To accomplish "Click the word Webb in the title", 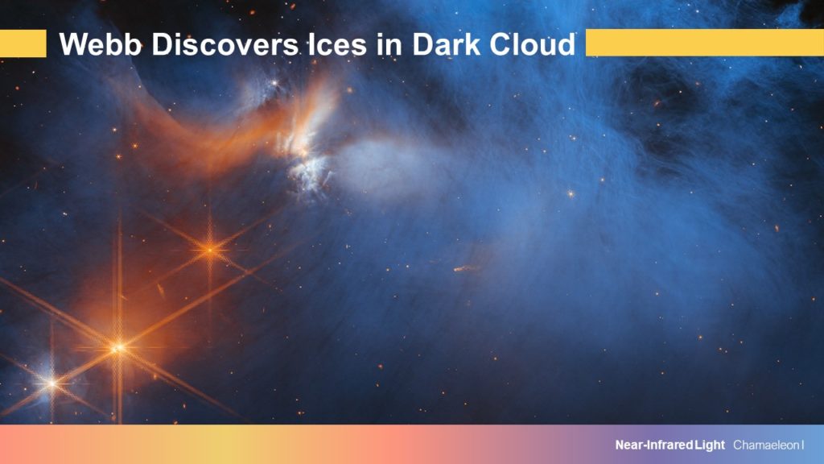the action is [x=101, y=43].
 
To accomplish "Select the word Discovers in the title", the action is [x=225, y=43].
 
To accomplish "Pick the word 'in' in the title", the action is [x=389, y=43].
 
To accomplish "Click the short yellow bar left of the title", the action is [x=23, y=43].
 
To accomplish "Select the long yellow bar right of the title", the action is [x=705, y=43].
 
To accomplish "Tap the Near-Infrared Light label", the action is [x=670, y=445].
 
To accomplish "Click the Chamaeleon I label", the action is [x=768, y=445].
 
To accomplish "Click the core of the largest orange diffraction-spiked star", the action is [x=118, y=348].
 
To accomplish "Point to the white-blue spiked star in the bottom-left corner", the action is [x=52, y=383].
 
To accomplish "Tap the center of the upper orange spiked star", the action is [x=210, y=250].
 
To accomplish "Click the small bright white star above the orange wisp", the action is [x=274, y=83].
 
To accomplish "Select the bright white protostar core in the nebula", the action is [x=303, y=152].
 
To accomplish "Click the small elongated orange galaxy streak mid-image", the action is [x=466, y=268].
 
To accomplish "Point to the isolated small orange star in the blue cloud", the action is [x=571, y=193].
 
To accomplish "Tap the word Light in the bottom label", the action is [x=710, y=445].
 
